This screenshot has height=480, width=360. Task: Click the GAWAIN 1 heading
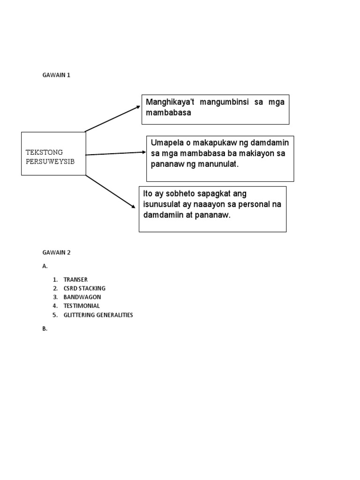56,75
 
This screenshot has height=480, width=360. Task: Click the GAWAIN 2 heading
56,252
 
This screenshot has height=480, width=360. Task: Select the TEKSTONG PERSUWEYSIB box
53,154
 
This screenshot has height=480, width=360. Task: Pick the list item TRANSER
75,279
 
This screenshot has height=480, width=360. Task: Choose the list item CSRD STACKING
84,288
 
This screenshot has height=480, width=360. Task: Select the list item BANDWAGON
82,297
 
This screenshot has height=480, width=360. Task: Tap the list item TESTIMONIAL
82,306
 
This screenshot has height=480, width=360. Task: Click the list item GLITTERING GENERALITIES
98,315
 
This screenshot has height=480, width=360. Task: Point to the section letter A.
45,266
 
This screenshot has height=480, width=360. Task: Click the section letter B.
45,329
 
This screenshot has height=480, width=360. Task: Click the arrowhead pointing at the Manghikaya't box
138,106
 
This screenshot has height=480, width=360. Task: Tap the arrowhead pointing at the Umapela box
144,152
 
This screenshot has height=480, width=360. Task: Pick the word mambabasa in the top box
169,113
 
